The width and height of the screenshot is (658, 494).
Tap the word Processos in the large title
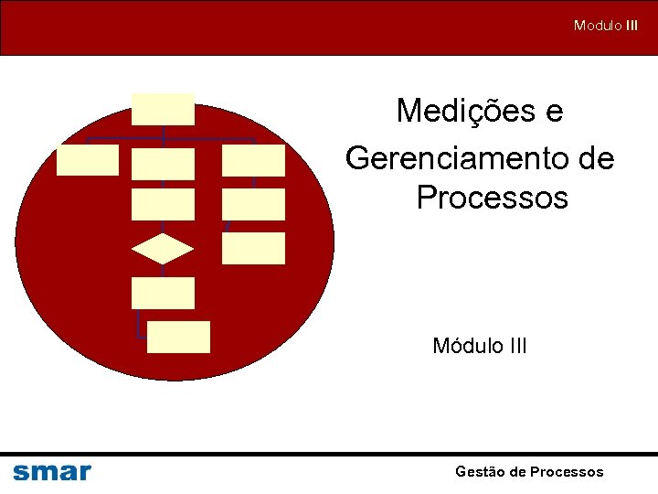coord(492,198)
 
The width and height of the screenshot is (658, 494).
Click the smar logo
coord(52,472)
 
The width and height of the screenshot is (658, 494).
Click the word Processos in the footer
coord(567,472)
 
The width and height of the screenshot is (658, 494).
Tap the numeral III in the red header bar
coord(632,26)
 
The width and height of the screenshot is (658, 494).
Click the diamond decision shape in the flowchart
coord(163,250)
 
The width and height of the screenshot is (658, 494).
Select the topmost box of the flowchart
coord(163,109)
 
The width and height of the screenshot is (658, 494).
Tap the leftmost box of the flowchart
coord(88,159)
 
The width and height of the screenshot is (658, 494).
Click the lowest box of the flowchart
coord(178,337)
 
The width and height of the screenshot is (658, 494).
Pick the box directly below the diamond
coord(163,293)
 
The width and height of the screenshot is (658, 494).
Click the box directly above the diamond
coord(163,204)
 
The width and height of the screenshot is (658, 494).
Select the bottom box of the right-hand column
coord(253,248)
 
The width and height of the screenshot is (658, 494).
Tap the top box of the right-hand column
coord(253,160)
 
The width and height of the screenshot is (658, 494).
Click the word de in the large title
coord(597,159)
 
